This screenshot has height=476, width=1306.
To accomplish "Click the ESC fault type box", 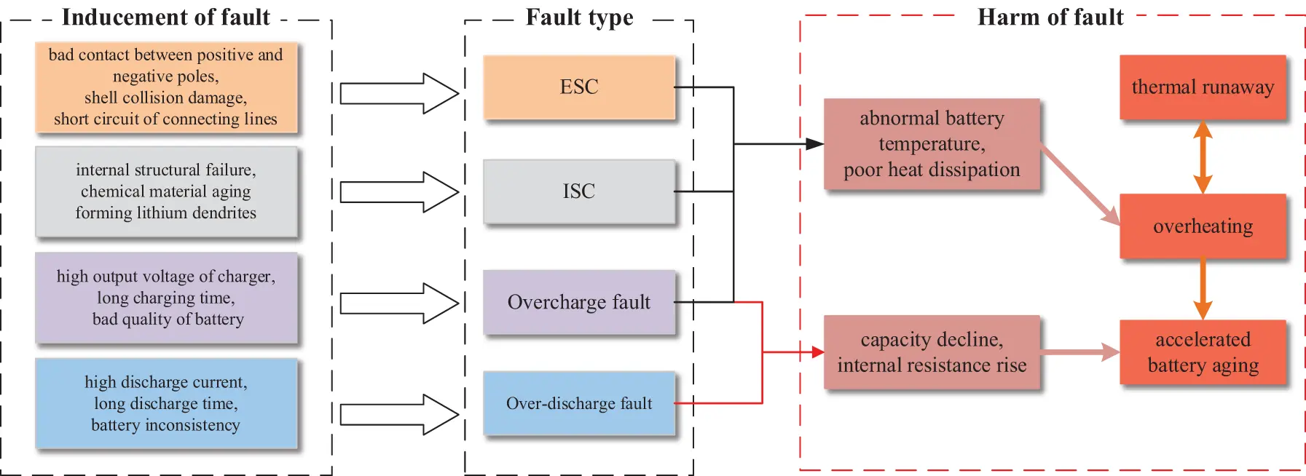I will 579,87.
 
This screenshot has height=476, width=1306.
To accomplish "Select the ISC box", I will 579,191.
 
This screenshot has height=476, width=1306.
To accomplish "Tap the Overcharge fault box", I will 579,302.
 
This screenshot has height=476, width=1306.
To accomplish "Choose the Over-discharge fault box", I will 579,403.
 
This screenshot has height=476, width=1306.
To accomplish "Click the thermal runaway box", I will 1203,87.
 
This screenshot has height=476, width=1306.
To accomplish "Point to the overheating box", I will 1203,226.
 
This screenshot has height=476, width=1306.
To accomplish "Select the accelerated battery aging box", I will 1203,352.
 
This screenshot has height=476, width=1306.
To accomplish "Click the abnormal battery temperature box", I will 932,144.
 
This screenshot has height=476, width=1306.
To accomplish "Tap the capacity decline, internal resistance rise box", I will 932,352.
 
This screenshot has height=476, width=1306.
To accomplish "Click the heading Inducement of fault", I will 165,17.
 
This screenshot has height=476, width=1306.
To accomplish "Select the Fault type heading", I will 579,17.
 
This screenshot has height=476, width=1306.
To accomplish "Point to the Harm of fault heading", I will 1050,17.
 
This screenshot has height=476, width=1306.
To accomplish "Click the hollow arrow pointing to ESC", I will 399,93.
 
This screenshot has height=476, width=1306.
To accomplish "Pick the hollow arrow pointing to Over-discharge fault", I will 399,415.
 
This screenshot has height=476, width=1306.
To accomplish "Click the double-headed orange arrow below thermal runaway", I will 1203,157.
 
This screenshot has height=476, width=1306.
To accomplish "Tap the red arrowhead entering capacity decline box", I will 817,352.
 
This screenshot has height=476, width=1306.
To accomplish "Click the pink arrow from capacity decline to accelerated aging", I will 1079,352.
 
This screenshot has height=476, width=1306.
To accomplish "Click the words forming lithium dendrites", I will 165,213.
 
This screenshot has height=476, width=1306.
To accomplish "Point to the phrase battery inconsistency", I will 165,425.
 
